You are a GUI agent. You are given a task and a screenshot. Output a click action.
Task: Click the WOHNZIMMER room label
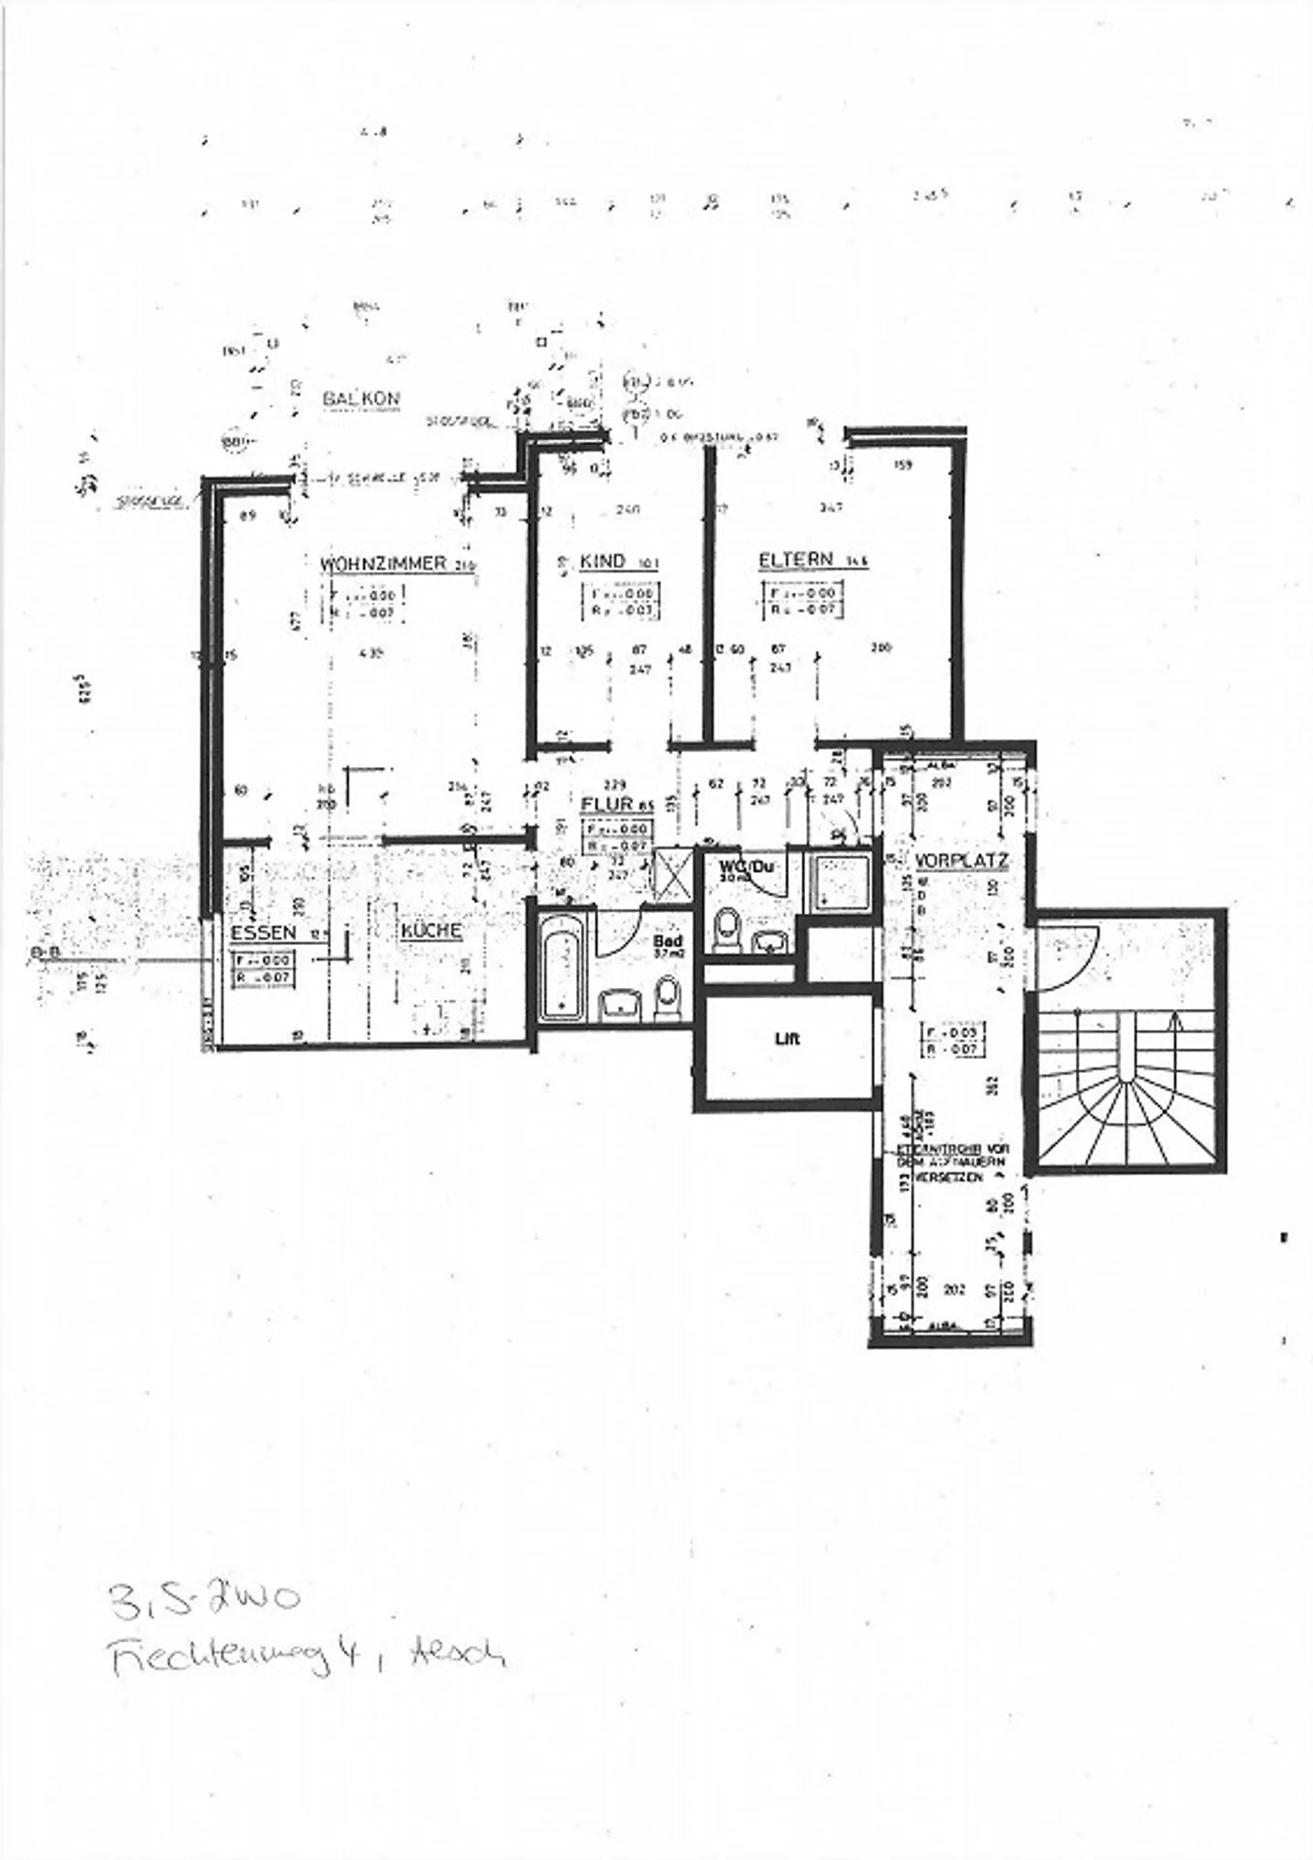tap(383, 563)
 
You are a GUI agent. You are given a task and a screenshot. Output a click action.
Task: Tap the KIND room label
tap(603, 561)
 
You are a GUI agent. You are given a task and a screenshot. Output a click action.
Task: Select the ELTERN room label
tap(795, 559)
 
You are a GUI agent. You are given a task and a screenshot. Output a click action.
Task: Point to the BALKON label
tap(361, 400)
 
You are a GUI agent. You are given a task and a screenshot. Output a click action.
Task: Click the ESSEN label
tap(263, 932)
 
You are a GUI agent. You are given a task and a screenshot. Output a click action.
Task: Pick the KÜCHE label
tap(431, 931)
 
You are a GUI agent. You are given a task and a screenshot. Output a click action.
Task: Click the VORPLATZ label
tap(961, 860)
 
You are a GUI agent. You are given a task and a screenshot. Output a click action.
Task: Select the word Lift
tap(787, 1038)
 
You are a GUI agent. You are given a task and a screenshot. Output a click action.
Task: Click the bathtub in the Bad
tap(563, 967)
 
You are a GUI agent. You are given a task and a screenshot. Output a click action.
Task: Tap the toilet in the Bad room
tap(667, 998)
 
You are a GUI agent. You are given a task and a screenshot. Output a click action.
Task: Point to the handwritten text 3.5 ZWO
tap(203, 1598)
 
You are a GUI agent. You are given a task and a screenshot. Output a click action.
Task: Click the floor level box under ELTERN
tap(801, 599)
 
